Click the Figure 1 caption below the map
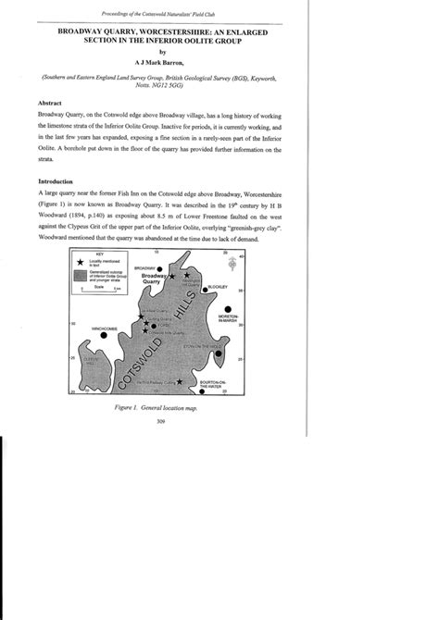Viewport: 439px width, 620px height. [x=219, y=405]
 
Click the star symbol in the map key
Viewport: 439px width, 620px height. [x=80, y=262]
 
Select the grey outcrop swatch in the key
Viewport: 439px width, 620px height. [x=80, y=276]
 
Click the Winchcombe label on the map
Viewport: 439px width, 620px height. [x=102, y=327]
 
